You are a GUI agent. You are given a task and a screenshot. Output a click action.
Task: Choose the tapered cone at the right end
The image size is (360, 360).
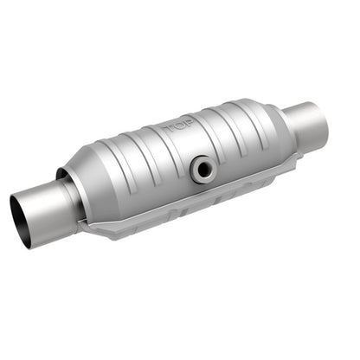[277, 130]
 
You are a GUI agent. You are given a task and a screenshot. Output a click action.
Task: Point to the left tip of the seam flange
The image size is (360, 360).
[80, 227]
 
